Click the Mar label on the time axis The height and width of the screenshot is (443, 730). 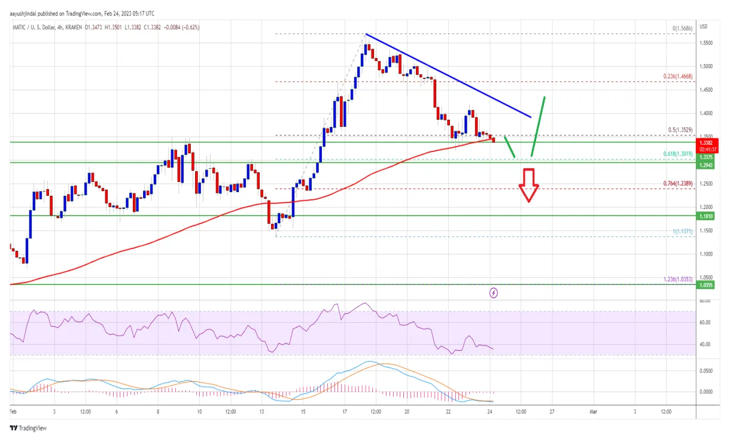click(x=593, y=412)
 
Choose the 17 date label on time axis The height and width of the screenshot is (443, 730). click(x=345, y=412)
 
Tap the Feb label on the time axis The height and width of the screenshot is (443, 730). click(x=14, y=412)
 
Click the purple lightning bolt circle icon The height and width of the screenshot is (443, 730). click(x=494, y=293)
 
